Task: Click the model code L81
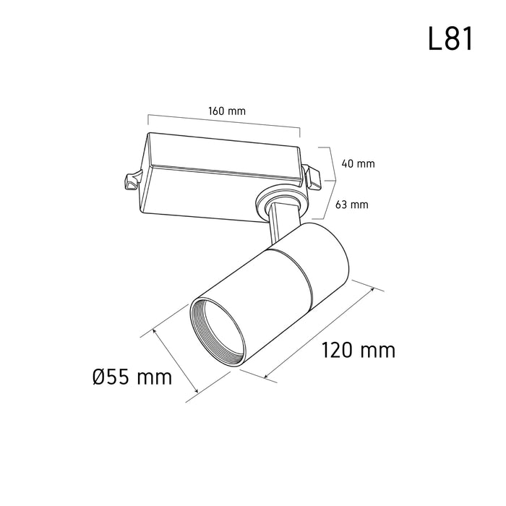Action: coord(450,38)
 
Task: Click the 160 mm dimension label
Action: coord(227,111)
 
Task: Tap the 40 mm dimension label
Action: coord(359,163)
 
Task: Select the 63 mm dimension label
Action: coord(352,205)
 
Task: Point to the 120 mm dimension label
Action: coord(359,350)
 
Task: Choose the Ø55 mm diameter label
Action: coord(132,377)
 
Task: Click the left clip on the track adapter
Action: coord(132,181)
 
